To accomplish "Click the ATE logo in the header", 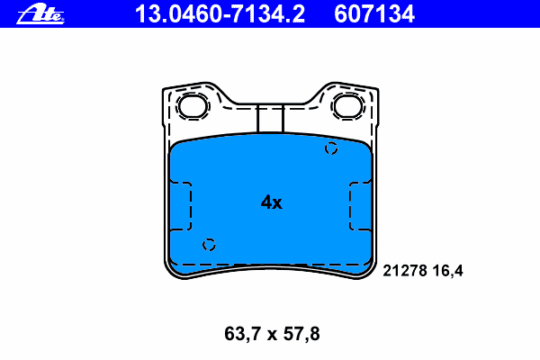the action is [x=40, y=14].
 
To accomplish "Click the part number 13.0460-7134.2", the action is [x=220, y=14].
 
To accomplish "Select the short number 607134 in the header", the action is [x=374, y=14].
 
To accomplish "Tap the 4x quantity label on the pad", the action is [x=272, y=202].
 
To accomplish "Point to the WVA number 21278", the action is [x=405, y=271].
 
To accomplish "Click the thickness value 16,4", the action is [x=448, y=271].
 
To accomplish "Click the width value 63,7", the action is [x=242, y=334].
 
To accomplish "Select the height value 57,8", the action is [x=301, y=334].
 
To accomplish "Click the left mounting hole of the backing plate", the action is [x=193, y=106].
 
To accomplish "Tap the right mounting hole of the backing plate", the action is [x=348, y=106].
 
